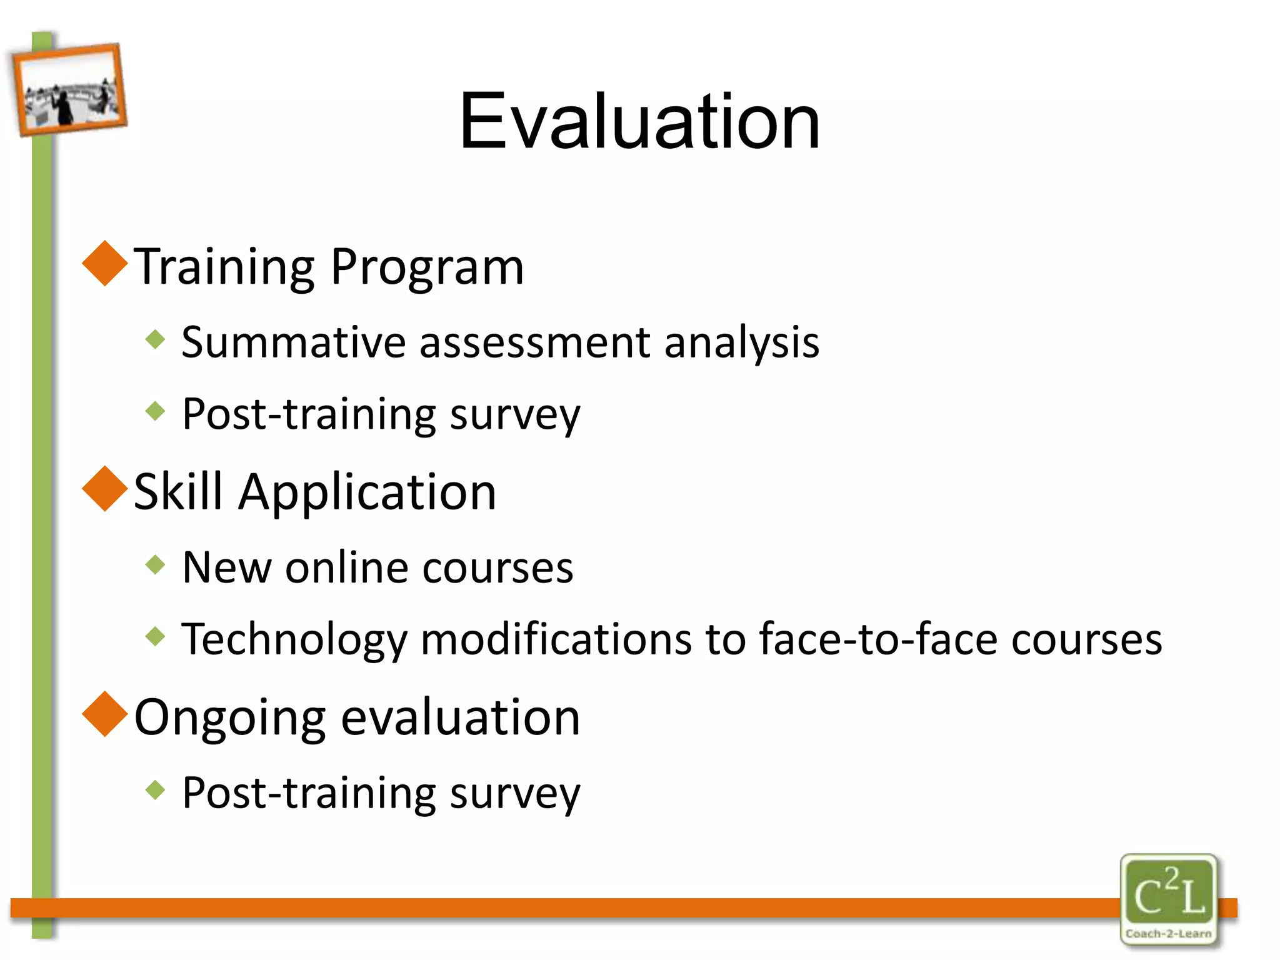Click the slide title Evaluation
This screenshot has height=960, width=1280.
[x=639, y=121]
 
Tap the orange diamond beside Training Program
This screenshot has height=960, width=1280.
[x=105, y=264]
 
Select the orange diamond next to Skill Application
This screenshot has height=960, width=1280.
[x=105, y=489]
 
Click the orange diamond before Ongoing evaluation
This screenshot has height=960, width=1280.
[x=105, y=714]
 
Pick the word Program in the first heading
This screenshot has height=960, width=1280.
[x=427, y=267]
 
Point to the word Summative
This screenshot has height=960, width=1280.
[x=294, y=342]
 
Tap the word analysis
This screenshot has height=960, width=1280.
[x=742, y=342]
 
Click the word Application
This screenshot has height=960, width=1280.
[x=367, y=492]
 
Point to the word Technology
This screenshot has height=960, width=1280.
[x=294, y=640]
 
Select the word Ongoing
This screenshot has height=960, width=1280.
[x=230, y=718]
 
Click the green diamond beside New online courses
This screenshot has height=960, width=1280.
[x=155, y=565]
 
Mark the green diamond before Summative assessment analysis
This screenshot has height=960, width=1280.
[x=155, y=339]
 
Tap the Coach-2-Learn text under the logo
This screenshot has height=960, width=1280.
[x=1168, y=934]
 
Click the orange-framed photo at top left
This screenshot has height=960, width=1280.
[x=69, y=89]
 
